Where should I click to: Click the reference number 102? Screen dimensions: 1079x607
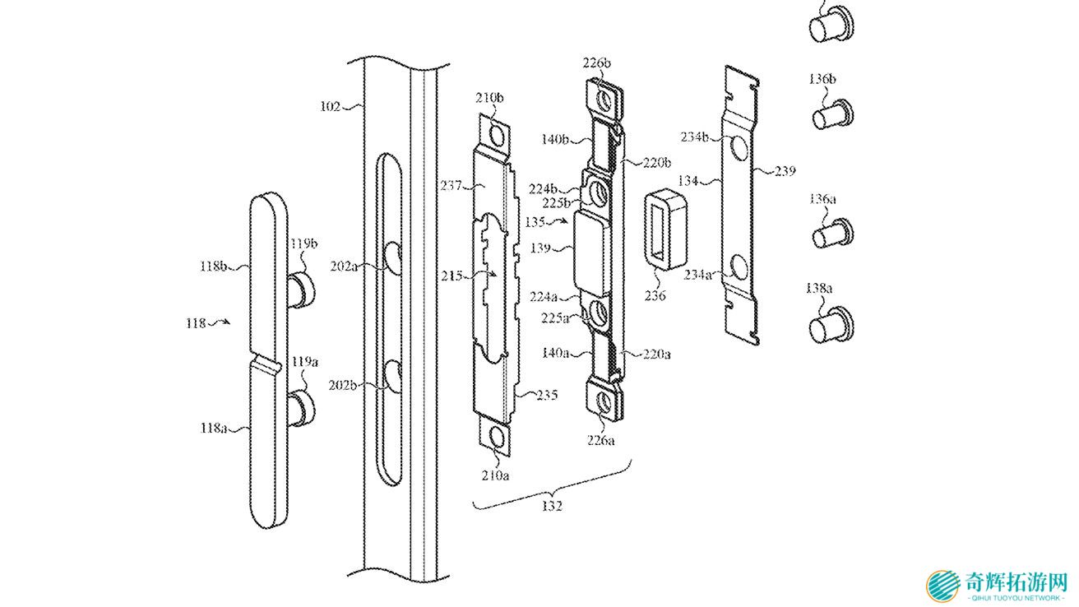pyautogui.click(x=330, y=106)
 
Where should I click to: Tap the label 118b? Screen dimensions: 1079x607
pyautogui.click(x=213, y=266)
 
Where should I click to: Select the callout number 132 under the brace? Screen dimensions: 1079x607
pyautogui.click(x=552, y=506)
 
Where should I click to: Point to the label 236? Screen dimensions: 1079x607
pyautogui.click(x=655, y=295)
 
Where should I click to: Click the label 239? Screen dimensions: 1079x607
pyautogui.click(x=785, y=170)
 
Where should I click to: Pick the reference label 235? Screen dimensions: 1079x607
pyautogui.click(x=547, y=395)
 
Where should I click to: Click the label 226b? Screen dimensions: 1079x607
pyautogui.click(x=597, y=63)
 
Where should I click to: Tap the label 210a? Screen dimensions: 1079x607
pyautogui.click(x=495, y=475)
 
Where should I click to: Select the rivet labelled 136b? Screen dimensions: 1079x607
pyautogui.click(x=832, y=115)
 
